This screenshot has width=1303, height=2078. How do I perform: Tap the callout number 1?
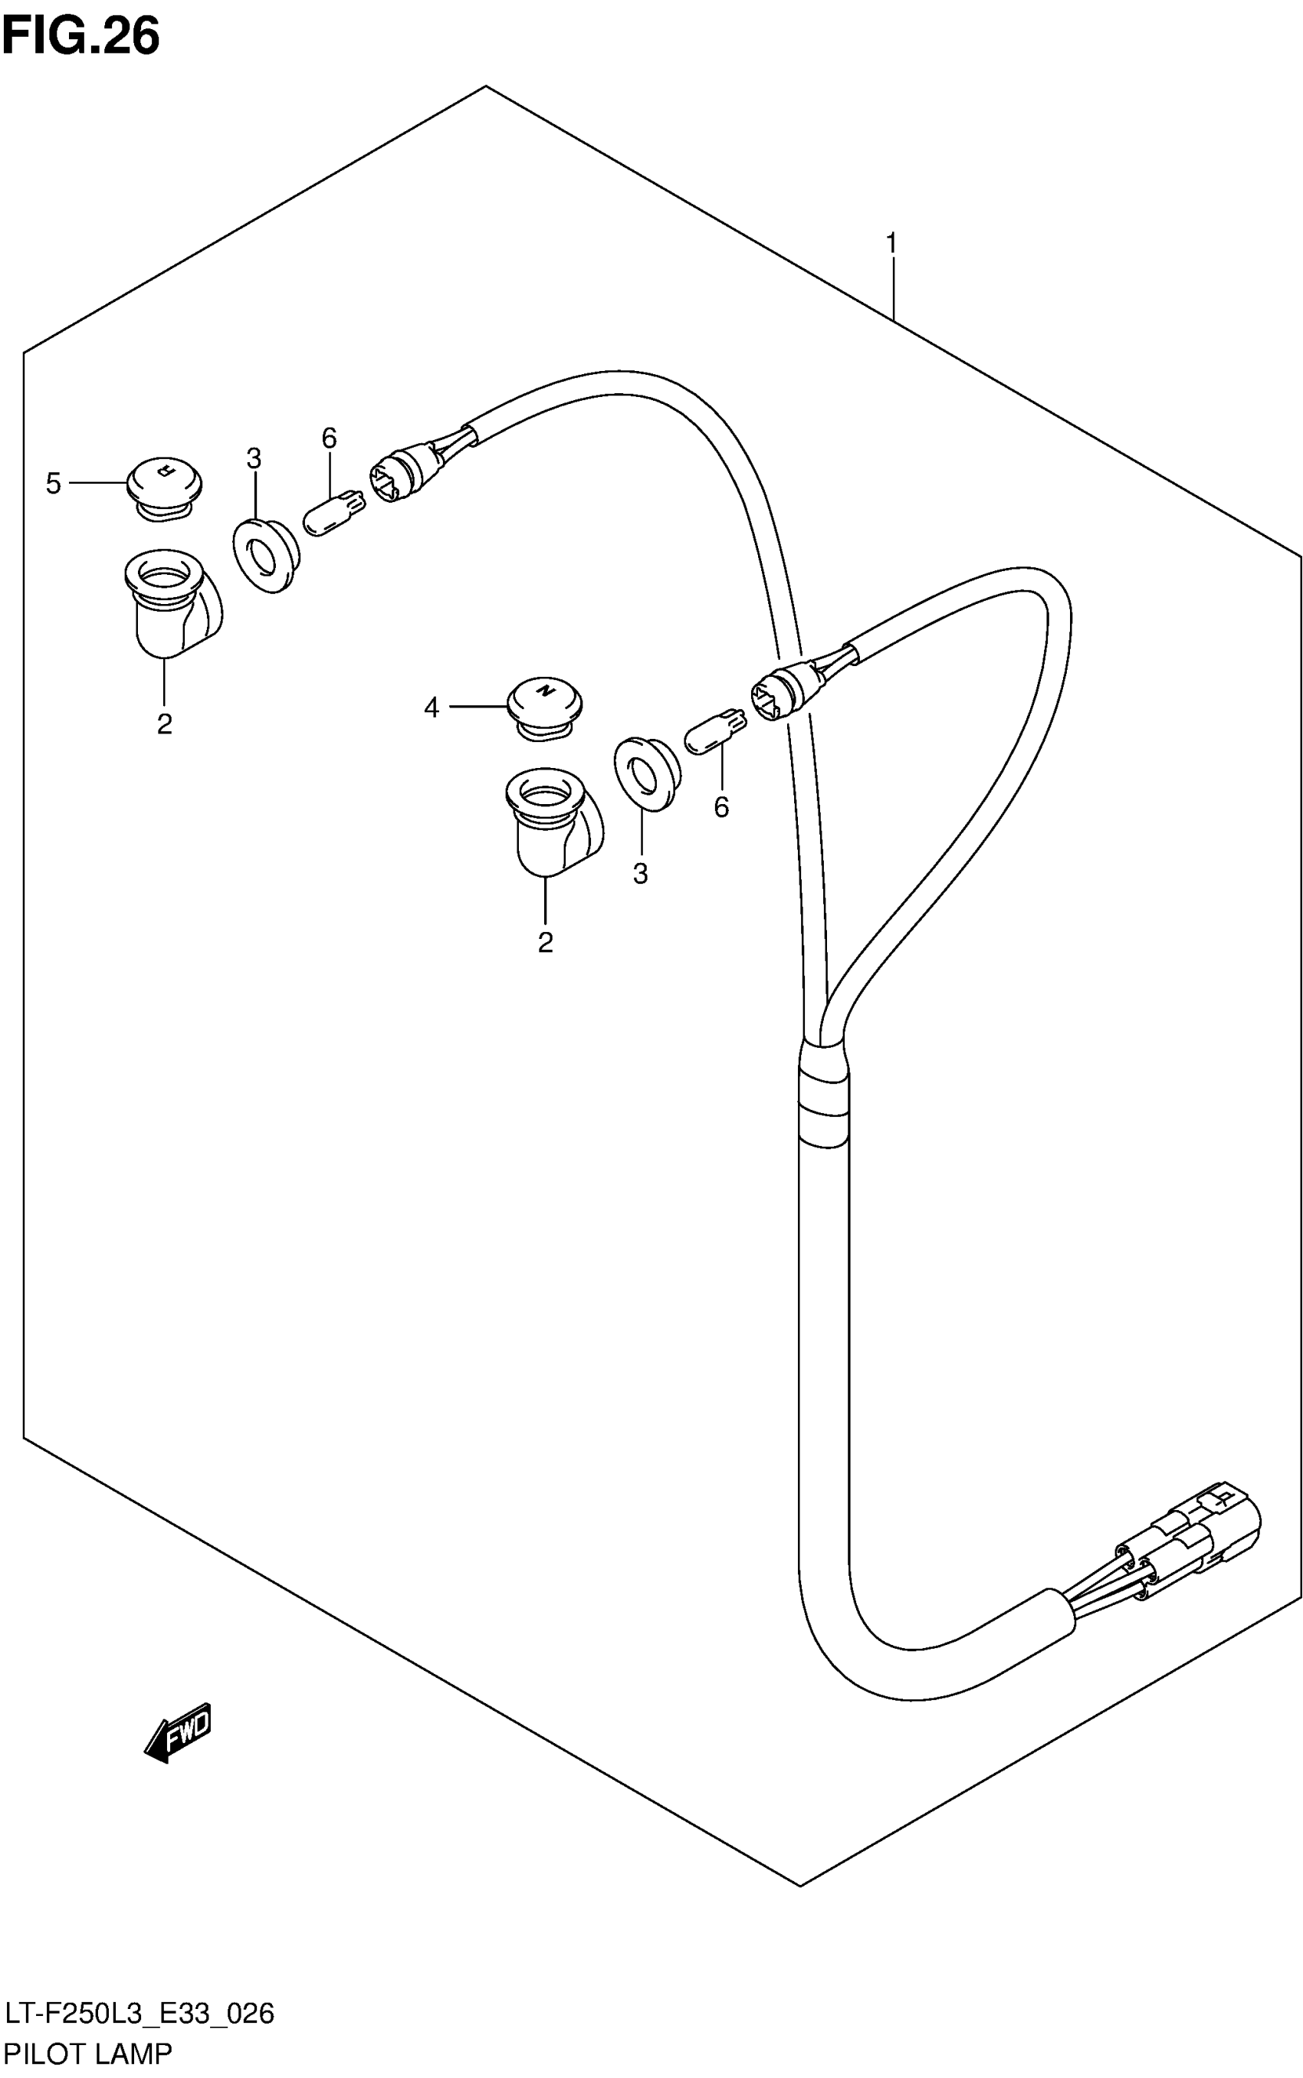pyautogui.click(x=892, y=244)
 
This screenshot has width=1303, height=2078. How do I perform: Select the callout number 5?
pyautogui.click(x=54, y=484)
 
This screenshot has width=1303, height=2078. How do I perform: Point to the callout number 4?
pyautogui.click(x=432, y=707)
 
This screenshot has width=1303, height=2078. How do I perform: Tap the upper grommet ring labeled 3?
pyautogui.click(x=265, y=554)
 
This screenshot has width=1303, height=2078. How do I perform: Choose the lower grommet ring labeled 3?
pyautogui.click(x=645, y=772)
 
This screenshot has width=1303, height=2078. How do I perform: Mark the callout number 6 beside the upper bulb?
pyautogui.click(x=329, y=438)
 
